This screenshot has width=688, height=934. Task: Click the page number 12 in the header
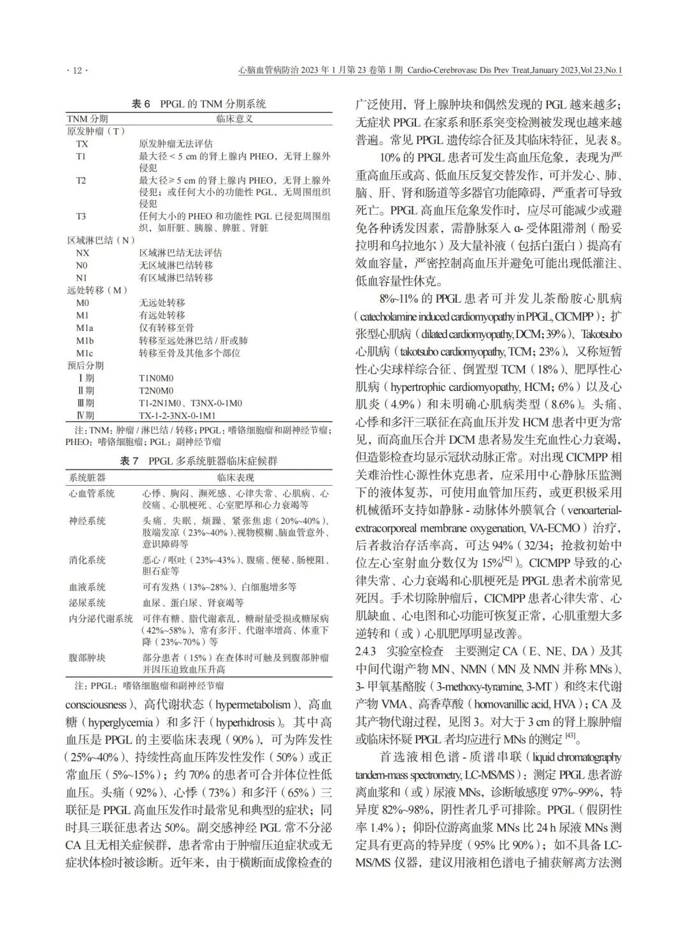click(77, 70)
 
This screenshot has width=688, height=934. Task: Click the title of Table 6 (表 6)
click(198, 104)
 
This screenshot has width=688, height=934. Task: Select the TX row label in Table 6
click(82, 143)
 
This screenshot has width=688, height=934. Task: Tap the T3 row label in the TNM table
click(81, 216)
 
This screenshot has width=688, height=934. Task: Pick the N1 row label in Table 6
click(82, 277)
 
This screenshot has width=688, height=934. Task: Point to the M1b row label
click(85, 340)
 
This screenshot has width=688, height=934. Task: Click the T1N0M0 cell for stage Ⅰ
click(156, 378)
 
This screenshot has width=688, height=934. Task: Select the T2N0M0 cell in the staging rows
click(156, 390)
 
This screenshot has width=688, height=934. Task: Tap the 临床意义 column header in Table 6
click(235, 119)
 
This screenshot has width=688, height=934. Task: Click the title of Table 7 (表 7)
click(198, 460)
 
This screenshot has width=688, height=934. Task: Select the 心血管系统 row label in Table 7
click(92, 493)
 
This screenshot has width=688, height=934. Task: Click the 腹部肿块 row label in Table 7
click(87, 657)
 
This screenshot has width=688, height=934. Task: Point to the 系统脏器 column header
click(87, 477)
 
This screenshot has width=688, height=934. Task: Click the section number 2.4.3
click(369, 651)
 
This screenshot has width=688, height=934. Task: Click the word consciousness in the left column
click(96, 705)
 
